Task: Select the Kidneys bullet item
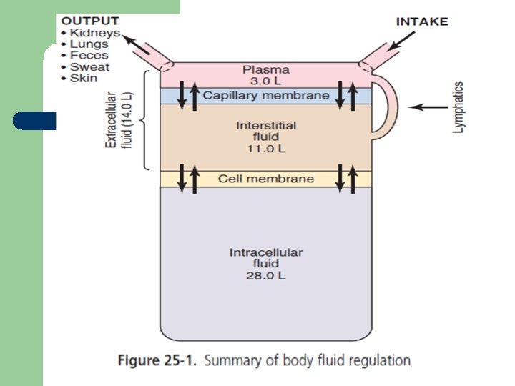94,33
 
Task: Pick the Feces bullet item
89,56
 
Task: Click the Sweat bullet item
89,67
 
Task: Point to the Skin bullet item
83,79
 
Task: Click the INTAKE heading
421,21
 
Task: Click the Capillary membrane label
266,95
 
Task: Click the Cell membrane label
266,179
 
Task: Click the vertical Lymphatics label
458,107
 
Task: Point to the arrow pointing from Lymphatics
428,107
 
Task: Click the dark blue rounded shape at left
34,120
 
